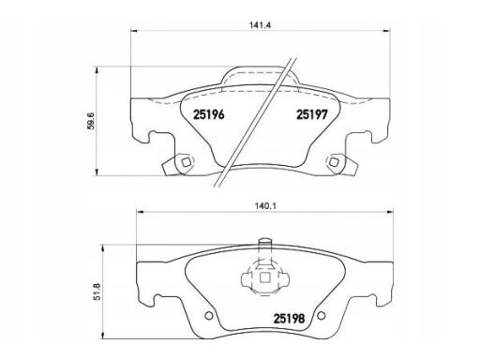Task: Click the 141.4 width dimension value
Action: coord(260,25)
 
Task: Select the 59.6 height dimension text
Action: coord(91,121)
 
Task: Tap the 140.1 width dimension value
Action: coord(266,206)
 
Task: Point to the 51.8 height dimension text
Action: coord(97,292)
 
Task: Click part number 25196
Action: coord(209,114)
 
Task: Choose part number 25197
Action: coord(312,114)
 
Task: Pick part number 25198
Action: coord(289,319)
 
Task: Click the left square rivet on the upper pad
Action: coord(186,162)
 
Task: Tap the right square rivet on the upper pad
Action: coord(334,162)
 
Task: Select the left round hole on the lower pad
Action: coord(209,316)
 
